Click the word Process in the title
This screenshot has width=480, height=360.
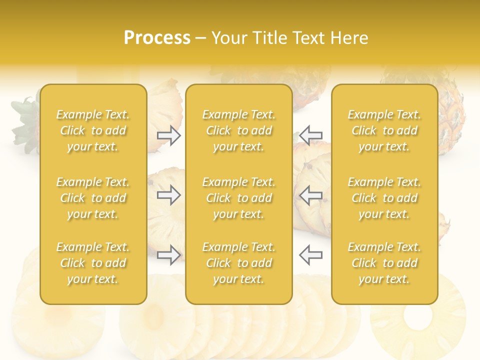click(x=157, y=38)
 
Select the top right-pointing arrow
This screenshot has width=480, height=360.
click(x=169, y=135)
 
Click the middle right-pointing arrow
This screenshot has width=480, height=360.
click(x=169, y=195)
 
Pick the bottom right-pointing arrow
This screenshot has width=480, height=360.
click(x=169, y=255)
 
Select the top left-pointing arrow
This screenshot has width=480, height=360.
click(x=310, y=135)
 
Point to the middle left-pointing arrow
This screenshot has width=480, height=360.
click(x=310, y=195)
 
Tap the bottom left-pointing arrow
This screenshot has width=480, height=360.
click(x=310, y=255)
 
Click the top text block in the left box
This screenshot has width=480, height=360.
click(x=93, y=130)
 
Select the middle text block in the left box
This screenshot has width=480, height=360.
click(x=93, y=198)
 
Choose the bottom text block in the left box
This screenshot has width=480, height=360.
click(x=93, y=263)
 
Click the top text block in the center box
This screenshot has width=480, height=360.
click(x=239, y=130)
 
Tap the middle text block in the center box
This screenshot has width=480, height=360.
click(x=239, y=198)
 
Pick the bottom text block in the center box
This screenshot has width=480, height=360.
click(x=239, y=263)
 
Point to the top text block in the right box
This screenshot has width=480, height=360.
click(x=384, y=130)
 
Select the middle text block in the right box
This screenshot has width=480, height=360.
click(x=384, y=198)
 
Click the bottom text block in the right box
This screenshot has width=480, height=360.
click(x=384, y=263)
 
